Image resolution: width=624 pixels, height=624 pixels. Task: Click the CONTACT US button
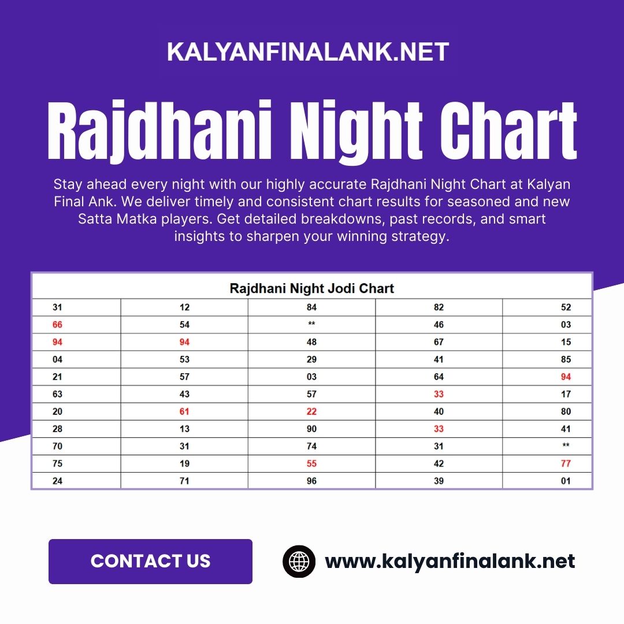150,561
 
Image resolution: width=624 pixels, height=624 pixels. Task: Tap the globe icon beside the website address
299,562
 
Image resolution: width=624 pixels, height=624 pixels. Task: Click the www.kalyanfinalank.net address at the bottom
450,562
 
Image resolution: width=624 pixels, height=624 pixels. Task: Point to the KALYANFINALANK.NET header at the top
308,52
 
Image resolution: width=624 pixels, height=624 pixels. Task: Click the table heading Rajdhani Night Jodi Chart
311,288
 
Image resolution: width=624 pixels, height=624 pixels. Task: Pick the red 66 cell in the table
57,325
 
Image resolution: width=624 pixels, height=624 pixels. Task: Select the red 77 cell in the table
566,463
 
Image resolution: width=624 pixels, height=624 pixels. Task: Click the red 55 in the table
311,463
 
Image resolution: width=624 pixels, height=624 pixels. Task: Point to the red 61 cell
184,411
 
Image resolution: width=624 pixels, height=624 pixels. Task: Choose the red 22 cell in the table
311,411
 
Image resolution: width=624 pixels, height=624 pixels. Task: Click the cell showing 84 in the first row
311,307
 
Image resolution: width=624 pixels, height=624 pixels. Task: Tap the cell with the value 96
311,481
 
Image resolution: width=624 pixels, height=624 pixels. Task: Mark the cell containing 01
566,481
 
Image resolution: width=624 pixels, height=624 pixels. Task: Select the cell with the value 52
566,307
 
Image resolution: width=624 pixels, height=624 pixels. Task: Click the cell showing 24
57,481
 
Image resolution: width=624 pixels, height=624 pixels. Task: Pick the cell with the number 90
311,429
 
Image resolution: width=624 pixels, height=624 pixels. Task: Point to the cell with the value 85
566,359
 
